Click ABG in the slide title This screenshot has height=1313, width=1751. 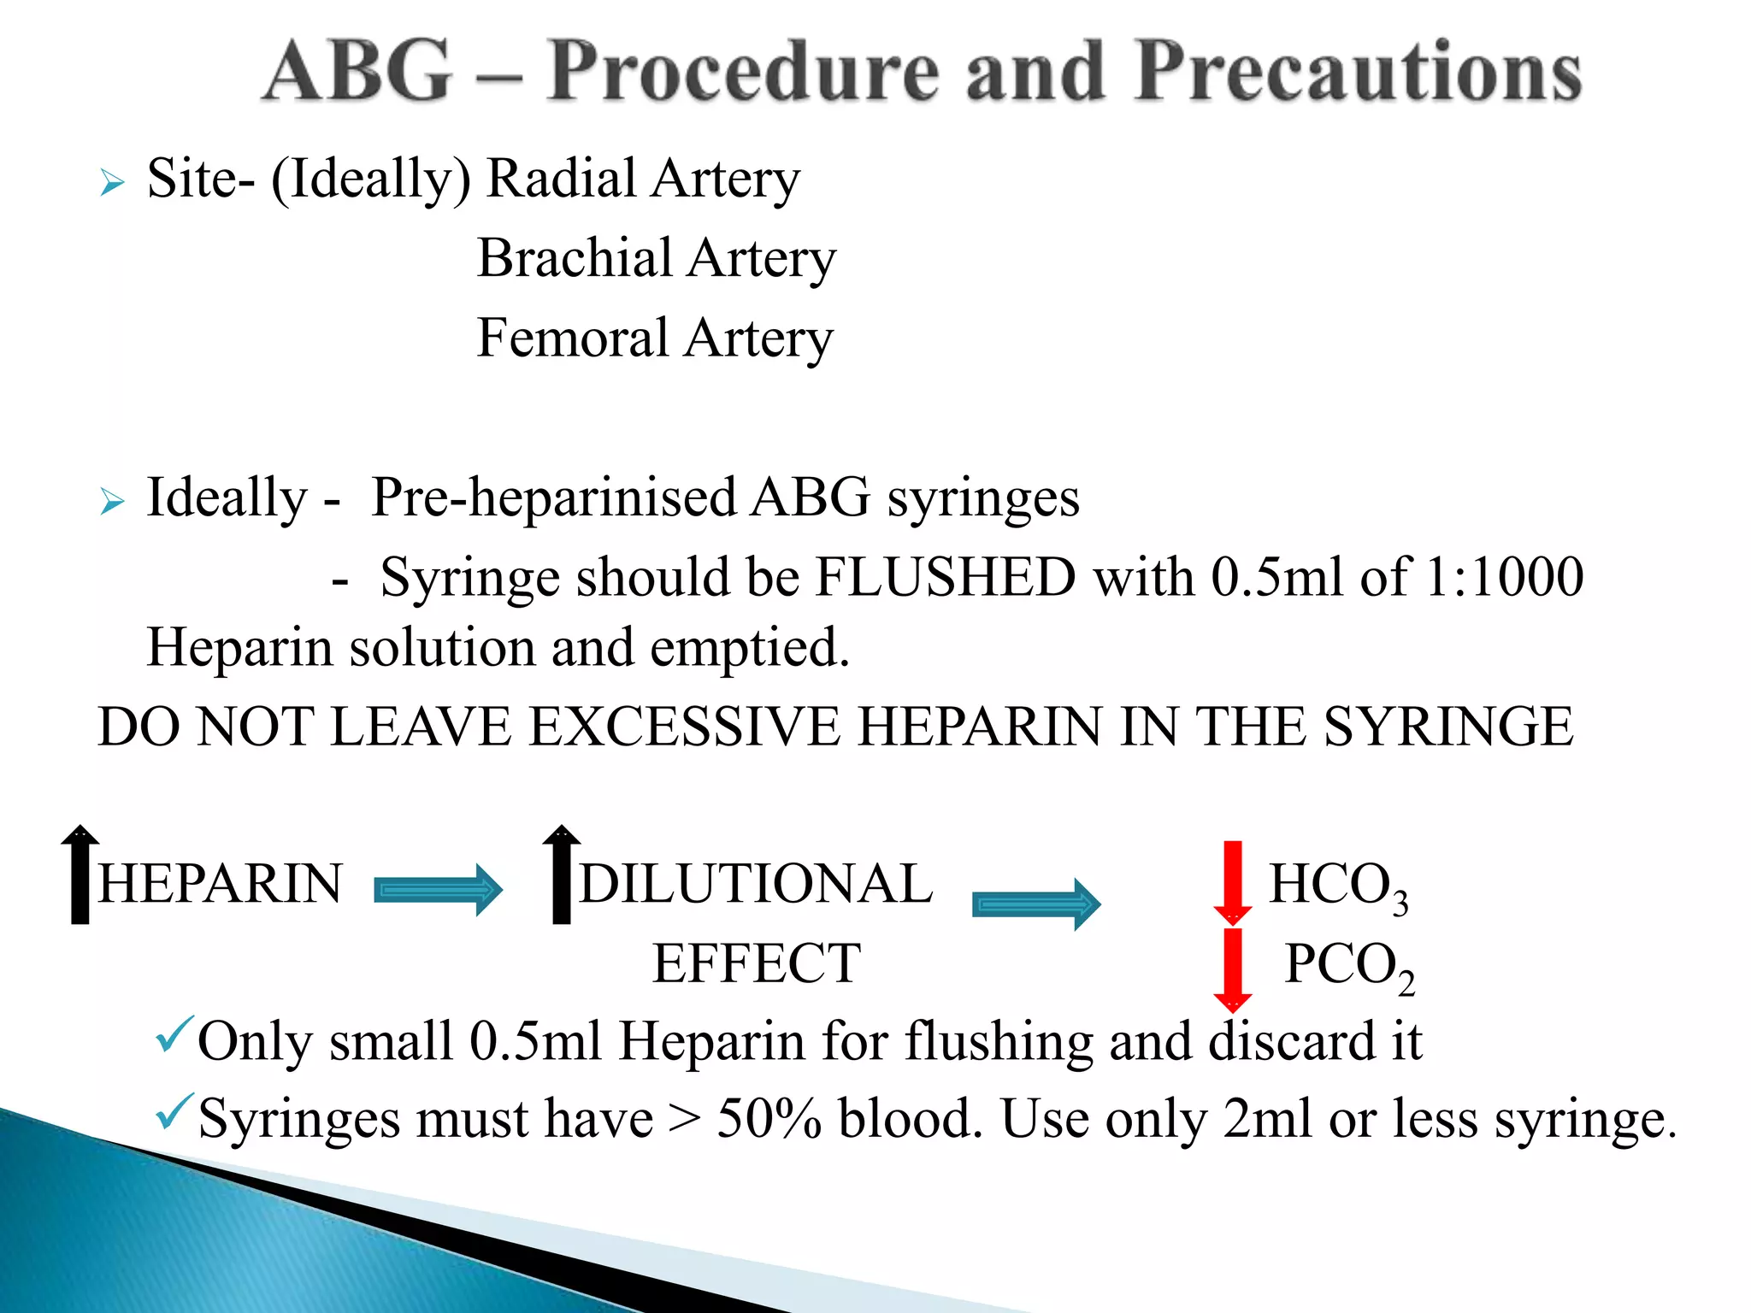point(357,73)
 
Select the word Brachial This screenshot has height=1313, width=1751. point(575,258)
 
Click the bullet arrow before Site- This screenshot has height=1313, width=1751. point(112,182)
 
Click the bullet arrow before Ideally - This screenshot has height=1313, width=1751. point(112,501)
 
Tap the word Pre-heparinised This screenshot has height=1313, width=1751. point(553,498)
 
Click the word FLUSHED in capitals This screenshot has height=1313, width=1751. point(945,577)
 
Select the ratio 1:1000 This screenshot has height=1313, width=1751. point(1505,577)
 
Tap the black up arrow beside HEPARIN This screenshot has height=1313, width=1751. point(80,874)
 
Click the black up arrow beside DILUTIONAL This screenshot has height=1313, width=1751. point(561,874)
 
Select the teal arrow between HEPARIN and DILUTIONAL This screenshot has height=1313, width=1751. point(438,891)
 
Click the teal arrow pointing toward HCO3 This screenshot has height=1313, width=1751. point(1035,904)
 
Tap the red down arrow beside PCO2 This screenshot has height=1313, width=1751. point(1232,969)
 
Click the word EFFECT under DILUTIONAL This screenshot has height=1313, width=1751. point(756,964)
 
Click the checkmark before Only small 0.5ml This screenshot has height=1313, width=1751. point(174,1035)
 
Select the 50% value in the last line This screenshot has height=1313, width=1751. point(769,1119)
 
